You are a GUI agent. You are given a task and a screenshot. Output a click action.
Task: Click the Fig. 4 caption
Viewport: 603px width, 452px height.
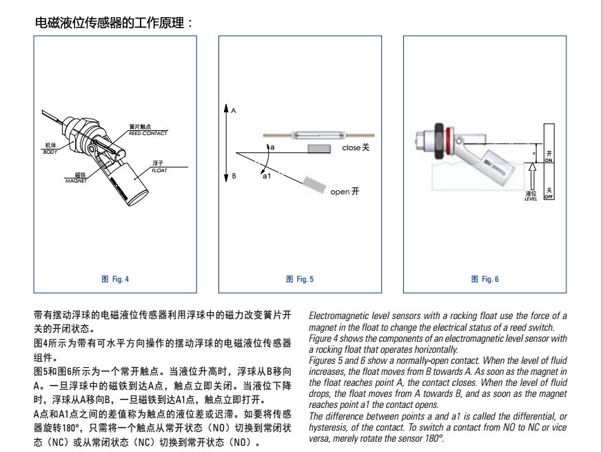coord(115,279)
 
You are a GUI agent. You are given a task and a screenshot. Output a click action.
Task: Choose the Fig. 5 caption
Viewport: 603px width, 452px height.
coord(300,279)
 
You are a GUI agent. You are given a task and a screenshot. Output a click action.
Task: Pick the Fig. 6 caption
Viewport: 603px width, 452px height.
coord(484,279)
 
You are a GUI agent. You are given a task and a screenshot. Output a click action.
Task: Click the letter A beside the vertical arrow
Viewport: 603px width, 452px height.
coord(234,110)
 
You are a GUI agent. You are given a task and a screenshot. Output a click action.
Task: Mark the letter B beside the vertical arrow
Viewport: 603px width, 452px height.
coord(234,176)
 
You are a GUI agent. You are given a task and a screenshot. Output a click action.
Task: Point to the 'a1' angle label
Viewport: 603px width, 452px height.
coord(266,178)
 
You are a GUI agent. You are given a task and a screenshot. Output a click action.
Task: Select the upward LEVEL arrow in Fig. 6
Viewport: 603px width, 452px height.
coord(530,175)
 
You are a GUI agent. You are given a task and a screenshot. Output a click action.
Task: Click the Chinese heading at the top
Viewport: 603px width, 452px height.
coord(113,23)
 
